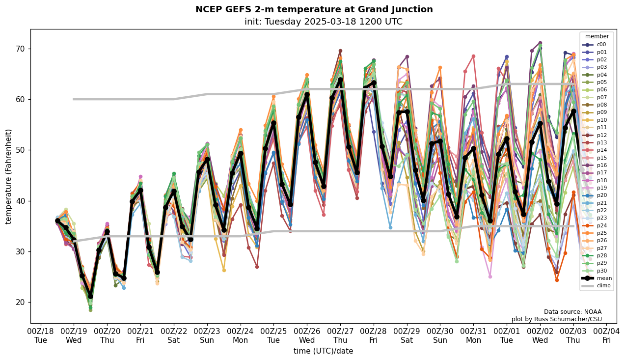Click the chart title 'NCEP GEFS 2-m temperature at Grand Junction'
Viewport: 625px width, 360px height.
[314, 9]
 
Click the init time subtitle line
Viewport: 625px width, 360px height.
[323, 22]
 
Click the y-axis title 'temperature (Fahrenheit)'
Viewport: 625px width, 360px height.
[8, 176]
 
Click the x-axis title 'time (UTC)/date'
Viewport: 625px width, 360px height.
[323, 351]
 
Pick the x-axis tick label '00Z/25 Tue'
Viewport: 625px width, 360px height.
[273, 335]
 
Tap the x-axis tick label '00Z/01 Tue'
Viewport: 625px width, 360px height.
[507, 335]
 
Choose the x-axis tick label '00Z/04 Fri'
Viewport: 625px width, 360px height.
[606, 335]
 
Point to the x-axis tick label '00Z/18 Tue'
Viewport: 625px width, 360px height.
[41, 335]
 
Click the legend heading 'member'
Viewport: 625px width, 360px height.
[597, 36]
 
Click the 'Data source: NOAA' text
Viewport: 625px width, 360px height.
[572, 312]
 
